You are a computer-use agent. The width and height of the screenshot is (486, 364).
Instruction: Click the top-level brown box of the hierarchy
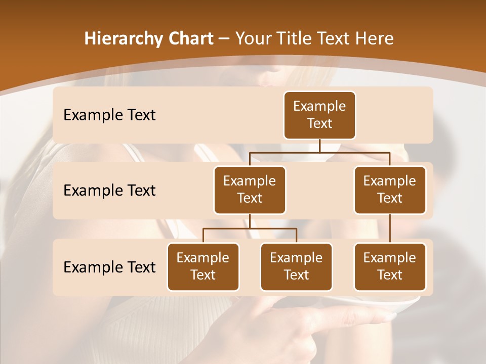coord(319,115)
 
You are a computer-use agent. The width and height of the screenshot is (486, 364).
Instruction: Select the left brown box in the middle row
coord(250,190)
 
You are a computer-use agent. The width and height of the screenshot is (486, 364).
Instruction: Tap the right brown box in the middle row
coord(390,190)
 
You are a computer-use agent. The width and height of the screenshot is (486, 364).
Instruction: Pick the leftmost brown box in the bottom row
coord(203,266)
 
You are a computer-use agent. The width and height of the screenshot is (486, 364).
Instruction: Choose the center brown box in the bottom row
coord(296,266)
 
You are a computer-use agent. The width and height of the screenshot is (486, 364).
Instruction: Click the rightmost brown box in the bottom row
coord(390,266)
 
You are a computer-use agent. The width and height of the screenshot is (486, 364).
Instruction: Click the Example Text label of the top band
coord(109,115)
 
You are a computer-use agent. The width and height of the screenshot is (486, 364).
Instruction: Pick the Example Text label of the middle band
coord(109,190)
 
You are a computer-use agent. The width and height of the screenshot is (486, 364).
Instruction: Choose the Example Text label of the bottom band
coord(109,267)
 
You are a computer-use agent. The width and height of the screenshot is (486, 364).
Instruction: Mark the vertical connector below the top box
coord(319,146)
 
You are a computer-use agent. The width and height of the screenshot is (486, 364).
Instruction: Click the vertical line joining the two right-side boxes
coord(390,228)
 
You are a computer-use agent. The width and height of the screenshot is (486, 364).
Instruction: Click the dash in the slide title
coord(224,39)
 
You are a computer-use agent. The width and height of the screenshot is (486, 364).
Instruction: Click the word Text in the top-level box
coord(319,123)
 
